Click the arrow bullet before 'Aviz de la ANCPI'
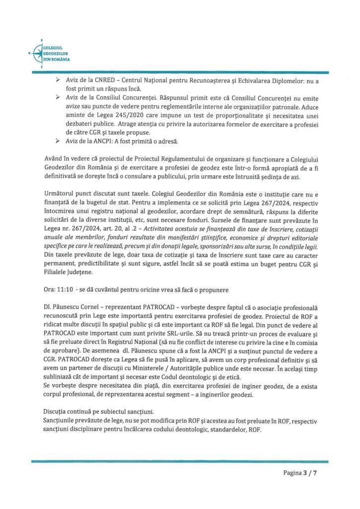[58, 142]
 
